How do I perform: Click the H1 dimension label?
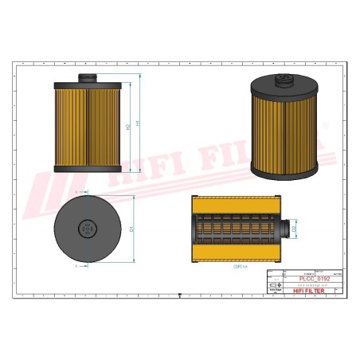[138, 123]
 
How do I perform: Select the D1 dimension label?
[131, 230]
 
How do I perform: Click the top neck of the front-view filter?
[88, 76]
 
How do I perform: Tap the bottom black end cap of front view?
[88, 169]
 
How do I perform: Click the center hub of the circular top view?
[86, 230]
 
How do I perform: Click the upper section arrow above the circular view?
[76, 193]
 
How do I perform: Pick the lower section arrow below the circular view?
[76, 267]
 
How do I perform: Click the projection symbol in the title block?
[276, 285]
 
